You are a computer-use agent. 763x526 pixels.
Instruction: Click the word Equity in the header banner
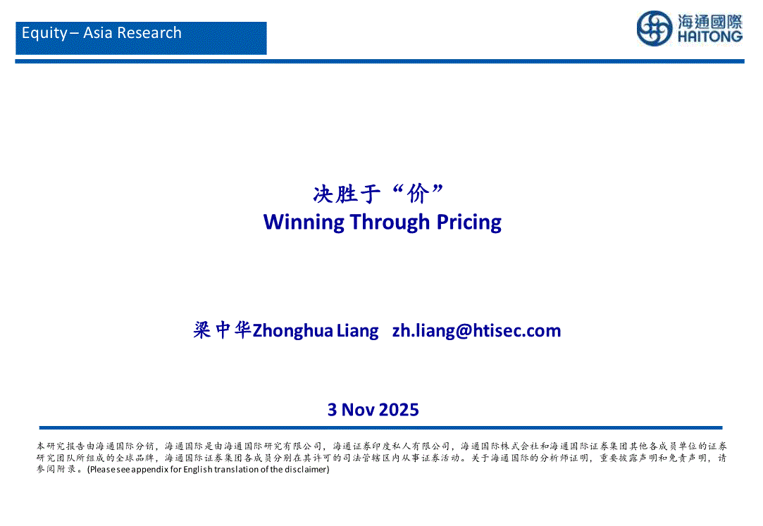[x=44, y=33]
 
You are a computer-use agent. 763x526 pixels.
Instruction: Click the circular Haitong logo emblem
[x=655, y=29]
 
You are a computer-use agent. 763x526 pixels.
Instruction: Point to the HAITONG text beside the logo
[x=710, y=37]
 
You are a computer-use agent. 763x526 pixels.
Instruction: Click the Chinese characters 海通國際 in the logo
[x=710, y=21]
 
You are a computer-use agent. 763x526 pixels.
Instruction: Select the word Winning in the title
[x=304, y=223]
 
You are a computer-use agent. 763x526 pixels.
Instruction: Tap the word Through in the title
[x=390, y=223]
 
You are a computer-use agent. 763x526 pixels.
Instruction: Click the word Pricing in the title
[x=469, y=223]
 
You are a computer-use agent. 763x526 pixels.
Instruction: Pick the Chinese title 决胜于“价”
[x=378, y=194]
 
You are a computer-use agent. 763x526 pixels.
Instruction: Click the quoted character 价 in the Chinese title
[x=418, y=194]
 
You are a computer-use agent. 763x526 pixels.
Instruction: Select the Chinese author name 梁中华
[x=222, y=330]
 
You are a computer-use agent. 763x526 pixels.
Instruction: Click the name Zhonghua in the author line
[x=293, y=331]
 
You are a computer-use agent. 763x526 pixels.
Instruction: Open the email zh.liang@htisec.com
[x=476, y=331]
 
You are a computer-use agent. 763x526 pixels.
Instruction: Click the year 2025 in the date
[x=399, y=410]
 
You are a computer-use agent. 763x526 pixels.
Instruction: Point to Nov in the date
[x=358, y=410]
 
